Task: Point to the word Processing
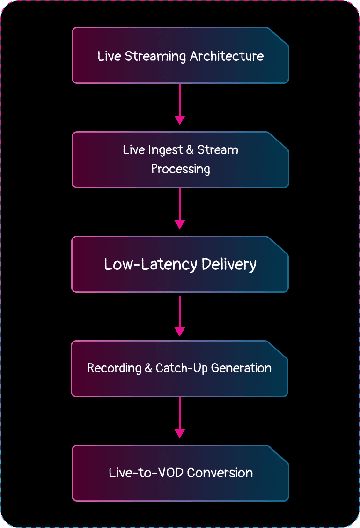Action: (180, 169)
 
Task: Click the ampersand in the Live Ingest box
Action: (190, 150)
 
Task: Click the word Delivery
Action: (229, 264)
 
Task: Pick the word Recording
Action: (114, 368)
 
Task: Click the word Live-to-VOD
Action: (145, 472)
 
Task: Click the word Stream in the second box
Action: (218, 150)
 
